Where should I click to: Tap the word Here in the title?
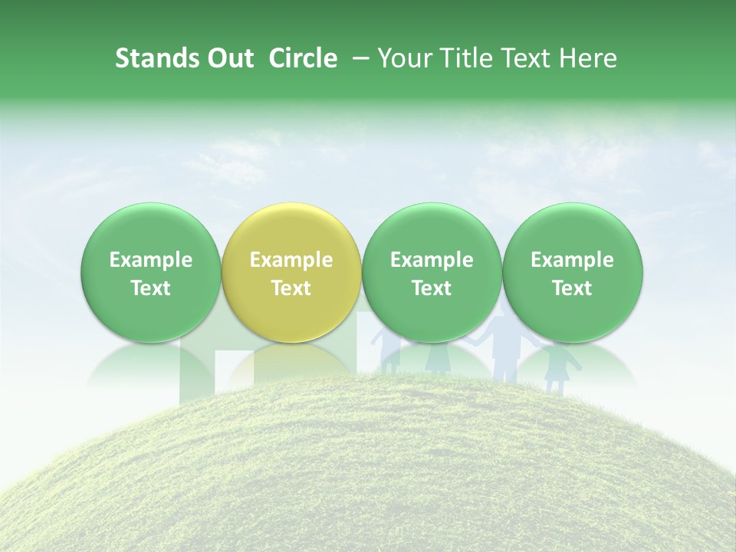(588, 59)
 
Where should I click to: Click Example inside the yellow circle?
(291, 260)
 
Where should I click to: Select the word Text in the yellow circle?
(291, 288)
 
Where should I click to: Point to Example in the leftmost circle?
(151, 260)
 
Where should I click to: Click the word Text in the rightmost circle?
(573, 288)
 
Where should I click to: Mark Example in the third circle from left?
(432, 260)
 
